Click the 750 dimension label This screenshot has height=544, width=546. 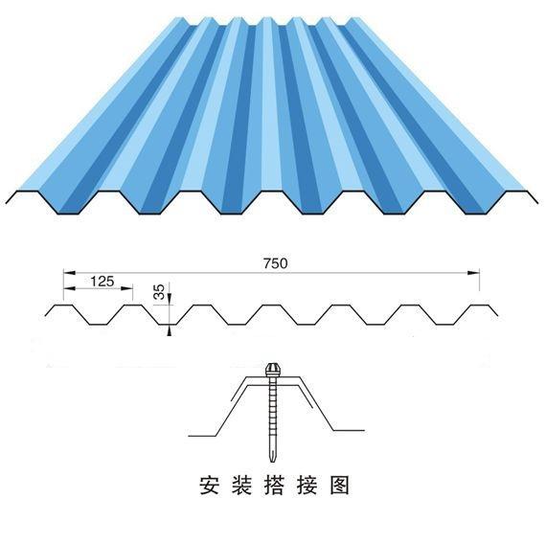276,263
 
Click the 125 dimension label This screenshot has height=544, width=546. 102,281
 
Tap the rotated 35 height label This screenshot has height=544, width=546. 159,292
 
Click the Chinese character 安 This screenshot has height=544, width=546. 210,486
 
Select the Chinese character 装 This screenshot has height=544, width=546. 241,486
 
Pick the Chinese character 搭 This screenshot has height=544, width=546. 274,486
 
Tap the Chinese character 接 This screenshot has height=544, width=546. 307,486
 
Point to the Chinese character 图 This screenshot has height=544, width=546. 339,486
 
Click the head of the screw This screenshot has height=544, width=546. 271,370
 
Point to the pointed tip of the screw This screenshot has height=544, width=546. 272,462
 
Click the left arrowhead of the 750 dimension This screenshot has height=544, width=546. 70,273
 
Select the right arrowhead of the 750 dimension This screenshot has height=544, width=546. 473,273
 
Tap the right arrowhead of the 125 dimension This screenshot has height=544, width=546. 126,288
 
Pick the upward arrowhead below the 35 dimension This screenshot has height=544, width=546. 170,330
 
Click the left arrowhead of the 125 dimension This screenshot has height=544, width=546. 70,288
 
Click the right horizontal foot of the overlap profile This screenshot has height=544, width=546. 349,430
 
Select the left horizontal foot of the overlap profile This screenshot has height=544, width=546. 202,436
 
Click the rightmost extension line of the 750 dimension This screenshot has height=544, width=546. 480,280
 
